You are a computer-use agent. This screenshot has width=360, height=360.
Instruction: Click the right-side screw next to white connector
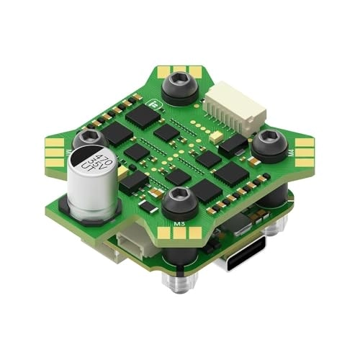(269, 142)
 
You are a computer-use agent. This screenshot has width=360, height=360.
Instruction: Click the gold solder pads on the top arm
(179, 70)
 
